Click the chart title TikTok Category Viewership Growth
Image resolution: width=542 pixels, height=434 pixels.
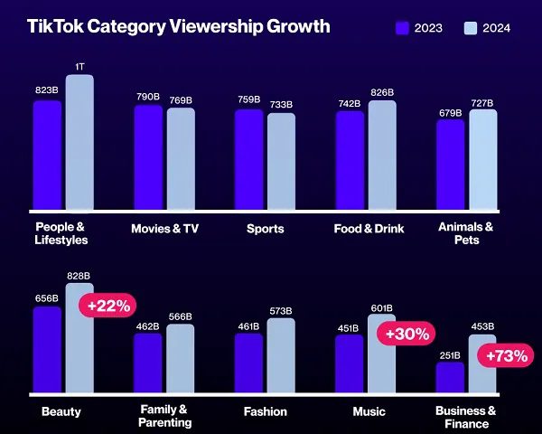pyautogui.click(x=179, y=26)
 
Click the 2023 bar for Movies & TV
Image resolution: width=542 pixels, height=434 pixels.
pyautogui.click(x=148, y=157)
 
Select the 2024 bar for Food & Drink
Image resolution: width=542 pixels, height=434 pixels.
pyautogui.click(x=382, y=155)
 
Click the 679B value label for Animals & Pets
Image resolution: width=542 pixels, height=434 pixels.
pyautogui.click(x=450, y=112)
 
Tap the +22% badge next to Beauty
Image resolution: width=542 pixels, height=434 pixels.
pyautogui.click(x=107, y=306)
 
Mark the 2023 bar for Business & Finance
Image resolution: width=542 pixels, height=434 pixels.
pyautogui.click(x=450, y=377)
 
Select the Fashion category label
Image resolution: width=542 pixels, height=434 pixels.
pyautogui.click(x=266, y=411)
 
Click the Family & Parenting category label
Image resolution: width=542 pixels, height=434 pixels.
pyautogui.click(x=164, y=416)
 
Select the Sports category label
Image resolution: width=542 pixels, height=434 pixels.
pyautogui.click(x=266, y=228)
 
